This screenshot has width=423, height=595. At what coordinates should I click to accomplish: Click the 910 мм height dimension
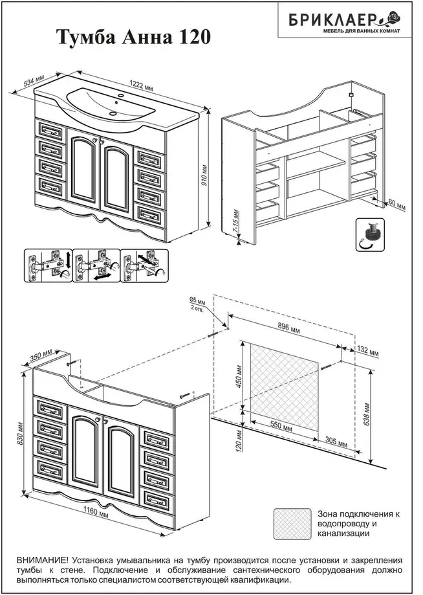pyautogui.click(x=204, y=176)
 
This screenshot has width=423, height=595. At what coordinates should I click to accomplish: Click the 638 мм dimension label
pyautogui.click(x=368, y=410)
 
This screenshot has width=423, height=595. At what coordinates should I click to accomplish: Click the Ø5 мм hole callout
pyautogui.click(x=197, y=304)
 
